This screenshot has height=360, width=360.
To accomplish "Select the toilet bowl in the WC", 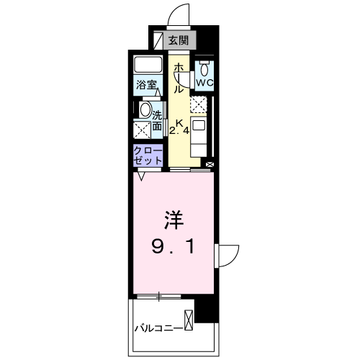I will tap(204, 70).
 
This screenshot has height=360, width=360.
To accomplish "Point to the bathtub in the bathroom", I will tap(149, 66).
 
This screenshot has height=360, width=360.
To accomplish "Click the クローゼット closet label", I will tap(147, 156).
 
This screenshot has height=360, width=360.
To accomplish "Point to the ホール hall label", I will tap(177, 77).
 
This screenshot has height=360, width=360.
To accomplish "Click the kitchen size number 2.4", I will tap(179, 132).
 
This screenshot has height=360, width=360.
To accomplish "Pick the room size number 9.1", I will tap(172, 247).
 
